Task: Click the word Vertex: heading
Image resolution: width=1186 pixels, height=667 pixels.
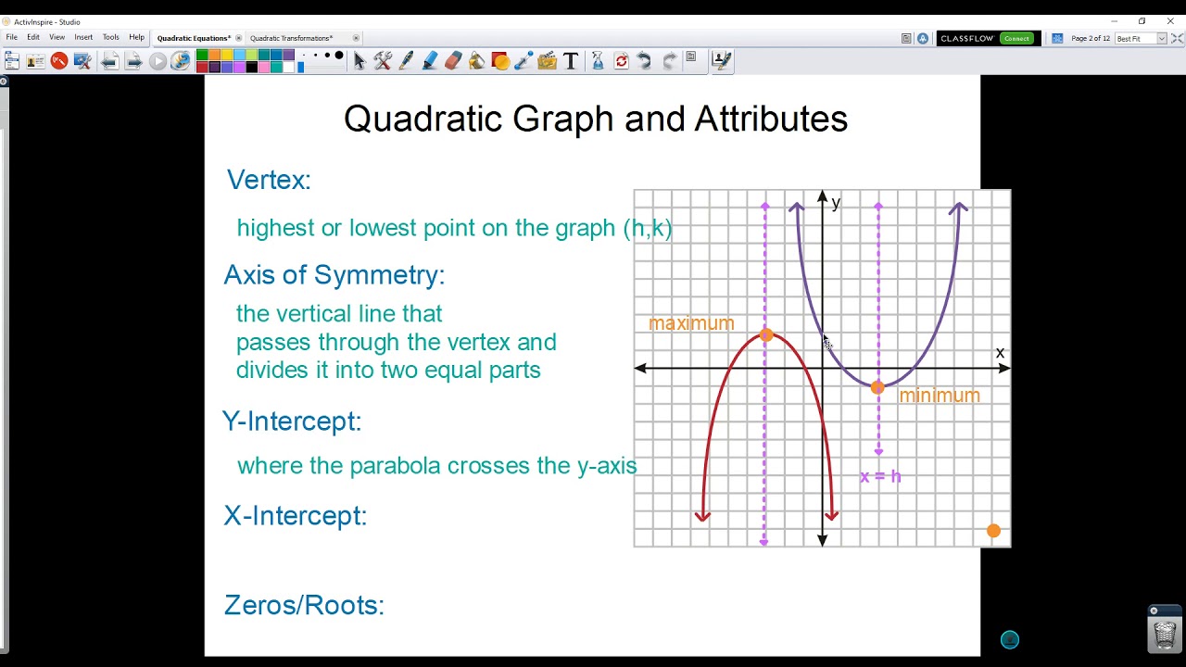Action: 269,180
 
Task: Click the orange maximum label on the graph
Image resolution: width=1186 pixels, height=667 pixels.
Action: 691,323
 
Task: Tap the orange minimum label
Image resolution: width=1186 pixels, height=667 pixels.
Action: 939,396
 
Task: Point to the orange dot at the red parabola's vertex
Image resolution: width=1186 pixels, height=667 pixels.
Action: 765,335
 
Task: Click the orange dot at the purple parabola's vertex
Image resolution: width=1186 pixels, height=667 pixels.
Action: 877,387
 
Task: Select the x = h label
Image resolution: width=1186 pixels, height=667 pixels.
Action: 880,476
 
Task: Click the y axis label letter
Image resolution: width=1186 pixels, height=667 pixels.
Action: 836,203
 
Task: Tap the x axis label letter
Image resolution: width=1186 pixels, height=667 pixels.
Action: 1000,353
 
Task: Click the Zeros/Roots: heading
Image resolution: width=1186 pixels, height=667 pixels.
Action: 304,605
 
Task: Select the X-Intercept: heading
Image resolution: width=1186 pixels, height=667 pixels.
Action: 296,515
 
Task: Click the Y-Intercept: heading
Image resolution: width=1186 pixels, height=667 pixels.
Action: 292,421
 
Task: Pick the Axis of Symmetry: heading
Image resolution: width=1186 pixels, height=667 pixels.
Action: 334,274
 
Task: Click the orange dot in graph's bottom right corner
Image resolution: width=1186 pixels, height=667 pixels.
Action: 993,531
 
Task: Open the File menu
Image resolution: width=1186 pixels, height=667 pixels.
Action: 12,37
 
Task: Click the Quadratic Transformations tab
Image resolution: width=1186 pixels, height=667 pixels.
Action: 291,38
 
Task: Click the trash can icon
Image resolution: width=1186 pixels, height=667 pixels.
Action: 1165,634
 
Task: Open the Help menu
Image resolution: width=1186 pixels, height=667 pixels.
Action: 136,37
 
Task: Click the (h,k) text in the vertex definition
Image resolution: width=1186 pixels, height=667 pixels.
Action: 648,228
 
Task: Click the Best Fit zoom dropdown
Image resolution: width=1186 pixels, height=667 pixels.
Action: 1140,38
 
